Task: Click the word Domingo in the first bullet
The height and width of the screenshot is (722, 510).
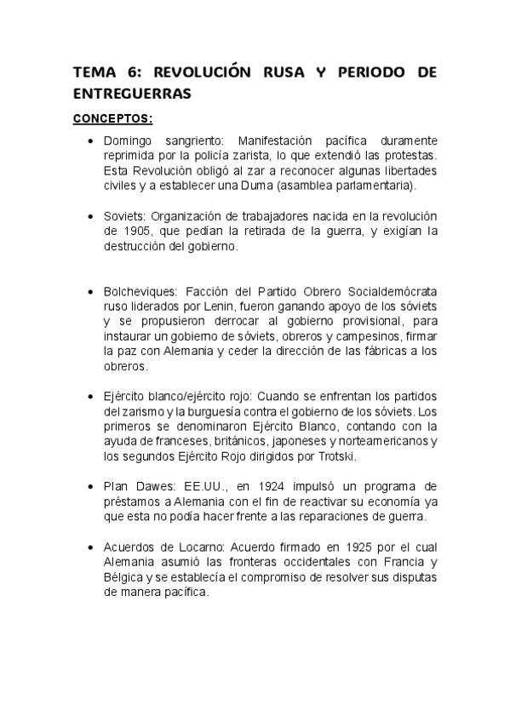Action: click(x=126, y=140)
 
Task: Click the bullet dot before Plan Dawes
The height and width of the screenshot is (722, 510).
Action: click(x=90, y=486)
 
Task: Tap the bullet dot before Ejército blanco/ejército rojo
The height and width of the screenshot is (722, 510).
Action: click(x=90, y=396)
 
